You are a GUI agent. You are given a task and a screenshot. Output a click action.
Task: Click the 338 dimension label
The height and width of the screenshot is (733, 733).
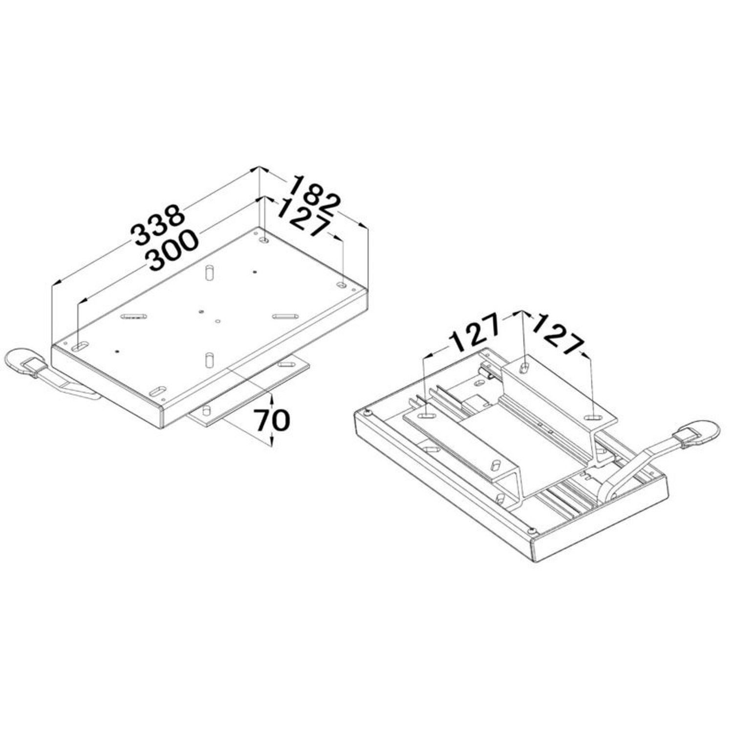158,225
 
